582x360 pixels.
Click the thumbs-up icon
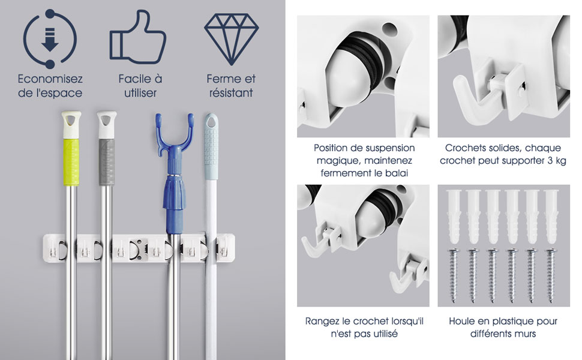(x=138, y=37)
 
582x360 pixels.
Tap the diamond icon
(x=231, y=38)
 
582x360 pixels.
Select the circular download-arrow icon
(x=50, y=39)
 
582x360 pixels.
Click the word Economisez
(x=50, y=79)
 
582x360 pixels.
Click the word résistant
(x=231, y=93)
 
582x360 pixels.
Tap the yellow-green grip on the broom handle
(x=71, y=162)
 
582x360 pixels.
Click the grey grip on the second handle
(x=107, y=162)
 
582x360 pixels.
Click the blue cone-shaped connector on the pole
(x=174, y=193)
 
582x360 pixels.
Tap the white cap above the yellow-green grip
(x=71, y=125)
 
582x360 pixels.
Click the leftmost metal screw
(x=454, y=275)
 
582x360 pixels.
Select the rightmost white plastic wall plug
(x=551, y=217)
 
